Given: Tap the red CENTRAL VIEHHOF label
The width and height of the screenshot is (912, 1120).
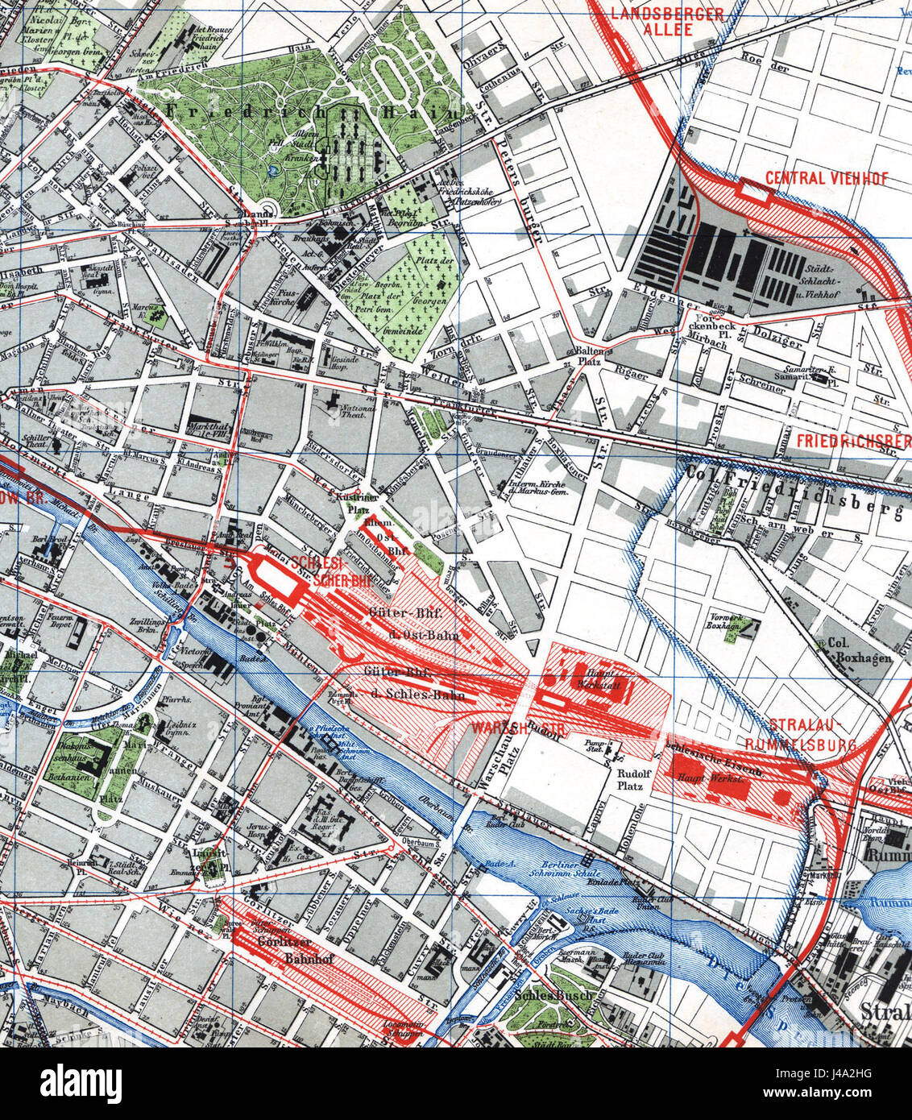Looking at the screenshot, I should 827,178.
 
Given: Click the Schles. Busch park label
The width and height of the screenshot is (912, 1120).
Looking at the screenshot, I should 548,996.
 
